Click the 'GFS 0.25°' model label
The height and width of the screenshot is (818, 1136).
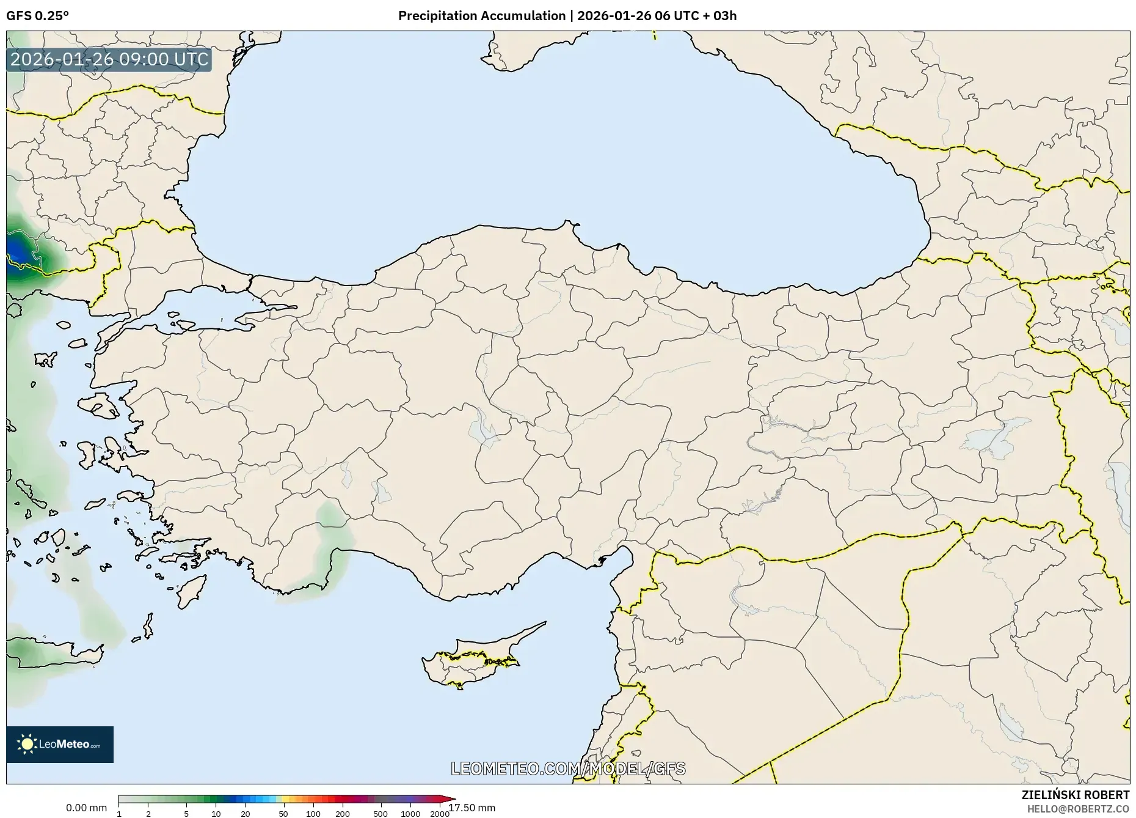(x=37, y=16)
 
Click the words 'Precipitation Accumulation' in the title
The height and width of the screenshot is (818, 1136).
(x=482, y=16)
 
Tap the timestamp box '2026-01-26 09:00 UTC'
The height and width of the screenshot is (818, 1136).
(x=109, y=60)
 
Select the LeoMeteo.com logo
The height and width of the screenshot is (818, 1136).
(x=60, y=744)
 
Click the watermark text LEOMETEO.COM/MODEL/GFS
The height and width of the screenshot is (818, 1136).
(x=568, y=768)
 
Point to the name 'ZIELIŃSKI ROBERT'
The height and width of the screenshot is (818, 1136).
(x=1075, y=795)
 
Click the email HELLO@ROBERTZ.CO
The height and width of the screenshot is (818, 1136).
(x=1078, y=809)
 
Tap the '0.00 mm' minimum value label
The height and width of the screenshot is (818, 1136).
(x=86, y=808)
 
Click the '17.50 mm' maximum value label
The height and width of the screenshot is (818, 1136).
(x=472, y=808)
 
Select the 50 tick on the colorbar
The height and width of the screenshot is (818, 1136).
(x=283, y=814)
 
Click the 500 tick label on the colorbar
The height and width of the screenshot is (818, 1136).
(x=380, y=814)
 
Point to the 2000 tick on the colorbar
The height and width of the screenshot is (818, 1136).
(x=440, y=814)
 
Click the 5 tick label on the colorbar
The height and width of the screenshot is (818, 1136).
(x=186, y=814)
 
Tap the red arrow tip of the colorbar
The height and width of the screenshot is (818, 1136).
(x=452, y=799)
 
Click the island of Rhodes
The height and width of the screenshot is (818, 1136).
(x=191, y=591)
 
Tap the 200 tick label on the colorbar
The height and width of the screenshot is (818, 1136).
(x=343, y=814)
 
